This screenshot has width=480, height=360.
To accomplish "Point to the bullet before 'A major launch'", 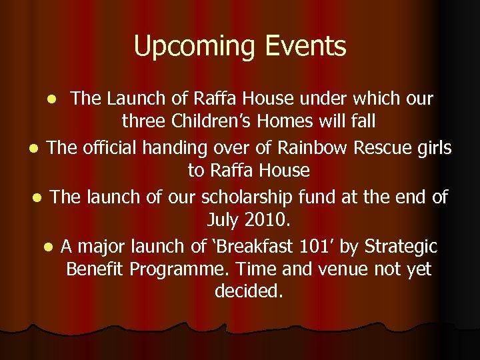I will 48,247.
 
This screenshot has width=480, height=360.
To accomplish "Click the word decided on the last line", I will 249,292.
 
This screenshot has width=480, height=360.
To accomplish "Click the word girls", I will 431,147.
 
